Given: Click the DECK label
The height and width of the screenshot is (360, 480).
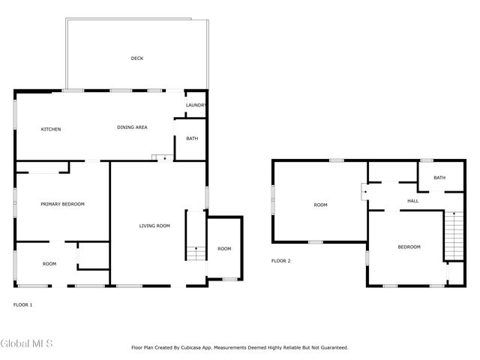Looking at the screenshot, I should [x=136, y=58].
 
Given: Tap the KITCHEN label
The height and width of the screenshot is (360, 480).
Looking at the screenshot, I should [x=51, y=130].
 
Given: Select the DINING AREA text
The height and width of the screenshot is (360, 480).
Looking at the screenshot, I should [x=132, y=127].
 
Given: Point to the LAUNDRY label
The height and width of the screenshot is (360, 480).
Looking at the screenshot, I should [x=196, y=106].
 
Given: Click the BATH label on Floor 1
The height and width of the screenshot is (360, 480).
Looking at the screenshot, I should [x=192, y=139].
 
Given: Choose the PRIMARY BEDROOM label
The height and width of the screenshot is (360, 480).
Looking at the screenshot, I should [x=62, y=204].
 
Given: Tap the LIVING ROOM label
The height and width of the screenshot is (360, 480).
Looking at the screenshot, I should [x=154, y=226].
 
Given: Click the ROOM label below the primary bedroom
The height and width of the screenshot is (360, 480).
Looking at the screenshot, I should [x=49, y=264].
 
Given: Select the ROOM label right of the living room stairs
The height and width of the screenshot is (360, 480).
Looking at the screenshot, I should [x=224, y=249].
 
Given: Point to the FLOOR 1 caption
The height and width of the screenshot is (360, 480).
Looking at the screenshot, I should [x=23, y=304].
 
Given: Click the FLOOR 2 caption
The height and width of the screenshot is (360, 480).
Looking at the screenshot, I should [x=280, y=261].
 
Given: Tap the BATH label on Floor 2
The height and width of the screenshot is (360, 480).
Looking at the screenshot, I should [x=439, y=178].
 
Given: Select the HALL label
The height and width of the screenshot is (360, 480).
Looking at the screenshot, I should [x=412, y=201].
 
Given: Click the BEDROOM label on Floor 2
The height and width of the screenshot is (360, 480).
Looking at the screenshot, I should [x=409, y=247].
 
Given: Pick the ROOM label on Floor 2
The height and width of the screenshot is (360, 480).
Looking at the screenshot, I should [x=321, y=205].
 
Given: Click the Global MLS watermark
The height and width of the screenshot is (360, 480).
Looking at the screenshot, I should [x=26, y=344].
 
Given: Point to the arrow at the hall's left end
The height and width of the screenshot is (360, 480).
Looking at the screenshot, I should [x=365, y=191].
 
